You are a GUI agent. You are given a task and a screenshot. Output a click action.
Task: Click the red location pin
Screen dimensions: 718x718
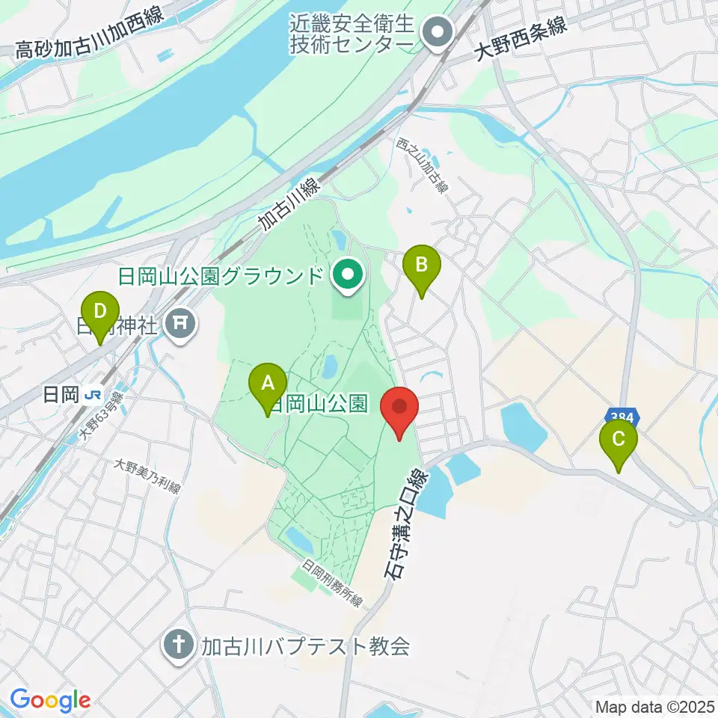tap(399, 411)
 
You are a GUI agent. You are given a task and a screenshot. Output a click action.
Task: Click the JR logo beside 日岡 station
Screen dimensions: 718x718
tap(93, 394)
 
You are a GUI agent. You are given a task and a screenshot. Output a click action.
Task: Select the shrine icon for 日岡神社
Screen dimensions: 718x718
tap(181, 324)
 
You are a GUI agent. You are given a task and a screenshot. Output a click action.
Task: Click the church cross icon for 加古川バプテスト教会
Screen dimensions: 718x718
tap(179, 645)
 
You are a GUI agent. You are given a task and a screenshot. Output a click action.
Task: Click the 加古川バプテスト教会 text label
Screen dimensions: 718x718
tap(305, 646)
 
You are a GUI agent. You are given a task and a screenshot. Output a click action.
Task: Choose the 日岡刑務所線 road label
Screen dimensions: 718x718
tap(333, 585)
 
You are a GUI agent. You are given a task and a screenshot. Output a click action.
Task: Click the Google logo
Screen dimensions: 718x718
tap(50, 700)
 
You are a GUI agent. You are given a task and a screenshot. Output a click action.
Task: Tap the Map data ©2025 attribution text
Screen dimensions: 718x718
tap(654, 706)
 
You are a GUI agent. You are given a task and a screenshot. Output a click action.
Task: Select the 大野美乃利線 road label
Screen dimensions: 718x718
tap(147, 476)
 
